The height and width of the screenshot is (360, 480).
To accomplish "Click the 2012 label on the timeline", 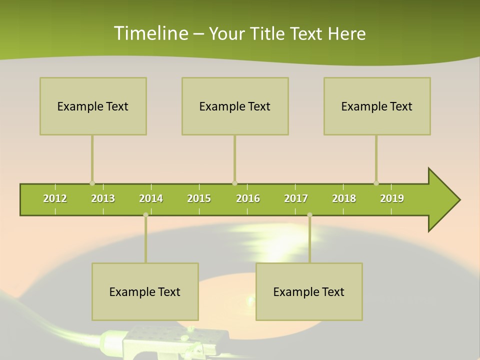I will pyautogui.click(x=55, y=198).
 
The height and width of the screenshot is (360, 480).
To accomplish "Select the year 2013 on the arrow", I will pyautogui.click(x=103, y=198).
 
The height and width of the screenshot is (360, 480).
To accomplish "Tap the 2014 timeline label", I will pyautogui.click(x=151, y=198).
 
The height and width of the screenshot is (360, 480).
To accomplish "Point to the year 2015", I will pyautogui.click(x=199, y=198).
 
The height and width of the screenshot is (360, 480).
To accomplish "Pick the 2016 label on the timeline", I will pyautogui.click(x=248, y=198).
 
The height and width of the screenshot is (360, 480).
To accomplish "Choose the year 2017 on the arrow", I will pyautogui.click(x=296, y=198).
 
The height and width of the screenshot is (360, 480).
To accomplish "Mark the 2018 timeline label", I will pyautogui.click(x=344, y=198).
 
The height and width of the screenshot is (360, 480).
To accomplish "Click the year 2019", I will pyautogui.click(x=392, y=198).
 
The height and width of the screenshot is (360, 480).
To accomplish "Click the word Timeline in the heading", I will pyautogui.click(x=150, y=33).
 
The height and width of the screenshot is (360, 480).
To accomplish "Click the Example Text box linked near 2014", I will pyautogui.click(x=145, y=291).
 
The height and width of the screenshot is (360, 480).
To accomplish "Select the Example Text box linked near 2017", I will pyautogui.click(x=309, y=291).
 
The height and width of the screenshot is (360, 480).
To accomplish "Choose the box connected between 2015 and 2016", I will pyautogui.click(x=235, y=106).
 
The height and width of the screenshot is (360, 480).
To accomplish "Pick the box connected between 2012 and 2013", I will pyautogui.click(x=93, y=106).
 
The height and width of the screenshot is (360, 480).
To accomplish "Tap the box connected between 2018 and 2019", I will pyautogui.click(x=377, y=106).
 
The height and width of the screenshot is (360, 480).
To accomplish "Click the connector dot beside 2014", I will pyautogui.click(x=145, y=214).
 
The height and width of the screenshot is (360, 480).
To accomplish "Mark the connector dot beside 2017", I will pyautogui.click(x=309, y=214).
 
